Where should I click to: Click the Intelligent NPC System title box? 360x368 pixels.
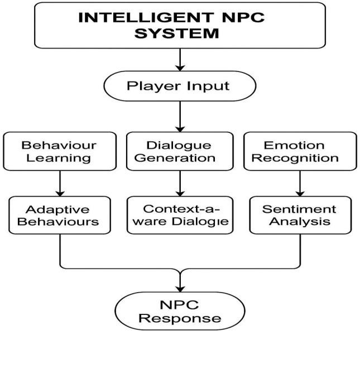click(180, 25)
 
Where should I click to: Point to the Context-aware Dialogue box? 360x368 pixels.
click(180, 215)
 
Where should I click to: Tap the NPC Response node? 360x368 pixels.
click(180, 312)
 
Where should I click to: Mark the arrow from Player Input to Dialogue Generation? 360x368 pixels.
click(180, 116)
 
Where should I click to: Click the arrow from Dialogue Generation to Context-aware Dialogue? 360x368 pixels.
click(180, 183)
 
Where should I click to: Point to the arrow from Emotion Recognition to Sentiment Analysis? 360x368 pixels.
click(302, 183)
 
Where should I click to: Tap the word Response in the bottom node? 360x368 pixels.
click(180, 319)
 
